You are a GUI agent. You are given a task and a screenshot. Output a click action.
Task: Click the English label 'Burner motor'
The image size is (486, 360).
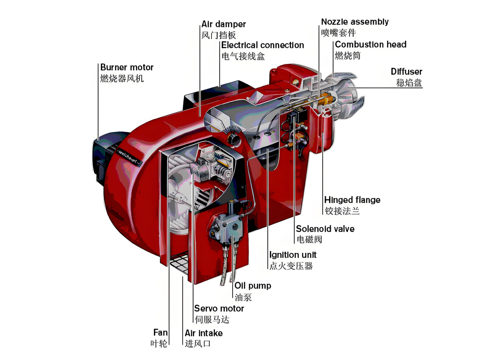tap(127, 67)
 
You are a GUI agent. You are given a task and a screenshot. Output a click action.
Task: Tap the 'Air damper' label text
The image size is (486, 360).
tap(224, 24)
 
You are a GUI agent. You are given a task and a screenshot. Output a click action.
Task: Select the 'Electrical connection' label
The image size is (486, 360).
tap(262, 45)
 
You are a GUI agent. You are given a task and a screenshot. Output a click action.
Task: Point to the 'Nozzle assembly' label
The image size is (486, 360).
tap(355, 22)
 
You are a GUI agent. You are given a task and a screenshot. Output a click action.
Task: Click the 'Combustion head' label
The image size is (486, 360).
tap(370, 45)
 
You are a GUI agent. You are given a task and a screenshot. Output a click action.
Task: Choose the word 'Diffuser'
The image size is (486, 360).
tap(406, 72)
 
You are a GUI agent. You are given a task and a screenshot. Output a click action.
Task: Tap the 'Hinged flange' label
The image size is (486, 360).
tap(352, 200)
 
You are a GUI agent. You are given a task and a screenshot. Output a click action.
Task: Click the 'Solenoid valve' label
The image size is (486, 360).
tap(325, 229)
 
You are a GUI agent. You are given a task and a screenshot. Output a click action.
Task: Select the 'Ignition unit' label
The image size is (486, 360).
tap(293, 255)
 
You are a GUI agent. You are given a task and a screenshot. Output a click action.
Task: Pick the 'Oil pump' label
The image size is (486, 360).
tap(252, 286)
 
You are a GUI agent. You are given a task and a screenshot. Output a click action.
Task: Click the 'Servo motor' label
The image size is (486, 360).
tap(219, 309)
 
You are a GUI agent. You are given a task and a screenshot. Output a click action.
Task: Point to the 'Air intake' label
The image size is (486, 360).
tap(203, 333)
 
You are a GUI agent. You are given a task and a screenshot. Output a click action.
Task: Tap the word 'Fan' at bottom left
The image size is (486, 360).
tap(160, 333)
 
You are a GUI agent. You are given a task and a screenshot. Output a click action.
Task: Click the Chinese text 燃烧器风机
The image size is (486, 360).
tap(122, 79)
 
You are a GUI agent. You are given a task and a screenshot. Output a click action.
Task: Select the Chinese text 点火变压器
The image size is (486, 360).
tap(291, 266)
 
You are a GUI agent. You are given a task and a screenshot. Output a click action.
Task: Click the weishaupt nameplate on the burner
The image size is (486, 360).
tap(130, 156)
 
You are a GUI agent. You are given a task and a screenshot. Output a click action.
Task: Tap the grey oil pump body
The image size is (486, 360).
tap(225, 227)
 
